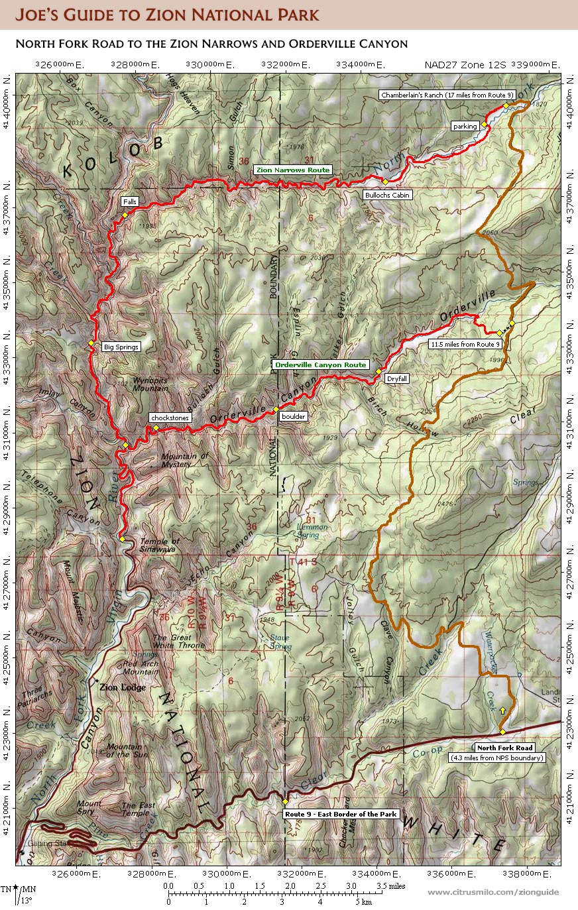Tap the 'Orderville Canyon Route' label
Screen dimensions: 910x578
[x=320, y=365]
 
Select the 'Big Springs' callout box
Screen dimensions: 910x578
[x=121, y=347]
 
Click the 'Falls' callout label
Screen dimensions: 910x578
[x=129, y=201]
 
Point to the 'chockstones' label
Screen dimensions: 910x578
[x=170, y=418]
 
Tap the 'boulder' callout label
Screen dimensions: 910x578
[x=292, y=417]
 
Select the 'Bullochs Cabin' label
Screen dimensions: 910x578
[x=388, y=195]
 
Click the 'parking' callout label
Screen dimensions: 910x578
[x=465, y=125]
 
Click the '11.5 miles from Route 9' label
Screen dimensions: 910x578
[x=465, y=344]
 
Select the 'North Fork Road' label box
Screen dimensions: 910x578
[x=505, y=748]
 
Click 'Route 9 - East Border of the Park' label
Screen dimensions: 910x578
[x=340, y=814]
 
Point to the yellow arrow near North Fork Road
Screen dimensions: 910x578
[x=502, y=710]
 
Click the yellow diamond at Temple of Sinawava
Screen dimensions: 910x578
[x=122, y=539]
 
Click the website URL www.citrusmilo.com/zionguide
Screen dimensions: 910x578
[x=492, y=892]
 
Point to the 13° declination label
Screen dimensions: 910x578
[x=25, y=900]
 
